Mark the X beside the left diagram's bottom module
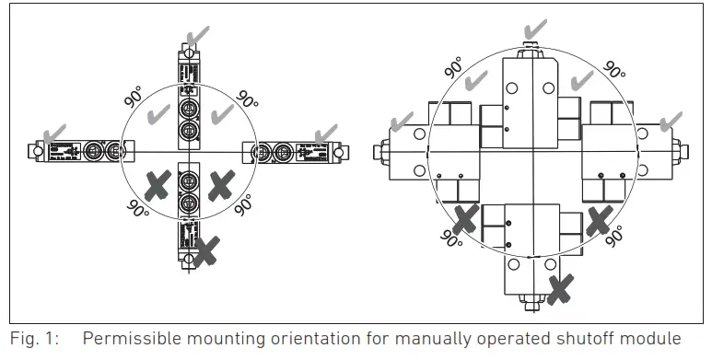207,248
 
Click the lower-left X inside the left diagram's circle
158,186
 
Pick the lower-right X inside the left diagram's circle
219,185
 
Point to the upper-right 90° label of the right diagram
614,68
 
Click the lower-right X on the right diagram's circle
600,219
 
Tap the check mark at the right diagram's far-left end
402,121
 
